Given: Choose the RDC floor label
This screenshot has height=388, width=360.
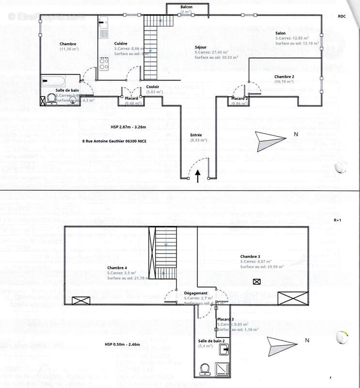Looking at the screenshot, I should click(342, 16).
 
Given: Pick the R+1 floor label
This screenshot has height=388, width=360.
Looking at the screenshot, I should click(338, 220).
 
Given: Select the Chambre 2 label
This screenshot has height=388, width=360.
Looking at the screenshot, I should click(284, 77).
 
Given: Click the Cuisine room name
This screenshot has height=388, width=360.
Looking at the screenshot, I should click(121, 44).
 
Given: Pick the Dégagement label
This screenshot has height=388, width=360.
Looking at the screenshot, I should click(196, 293).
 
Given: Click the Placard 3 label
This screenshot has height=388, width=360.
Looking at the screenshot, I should click(225, 319).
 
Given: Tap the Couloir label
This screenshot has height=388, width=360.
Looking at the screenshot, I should click(153, 86).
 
